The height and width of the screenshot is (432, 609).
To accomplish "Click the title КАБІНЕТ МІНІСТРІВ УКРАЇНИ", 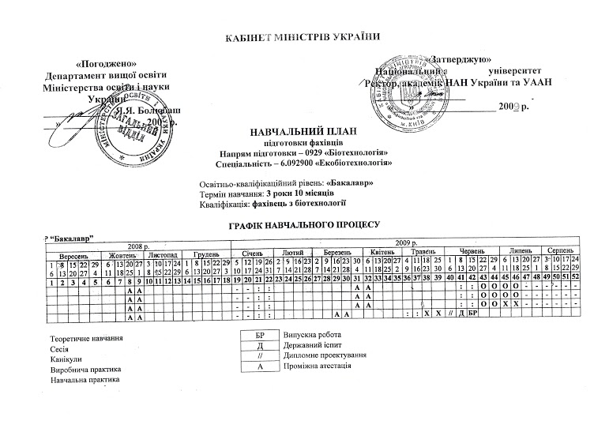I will (x=303, y=38).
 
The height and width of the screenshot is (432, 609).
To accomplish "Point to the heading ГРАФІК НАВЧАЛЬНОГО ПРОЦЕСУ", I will (x=304, y=226).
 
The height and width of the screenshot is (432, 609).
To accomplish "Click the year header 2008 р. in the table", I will (x=137, y=246).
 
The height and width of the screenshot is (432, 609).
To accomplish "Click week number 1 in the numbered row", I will (x=51, y=280).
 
